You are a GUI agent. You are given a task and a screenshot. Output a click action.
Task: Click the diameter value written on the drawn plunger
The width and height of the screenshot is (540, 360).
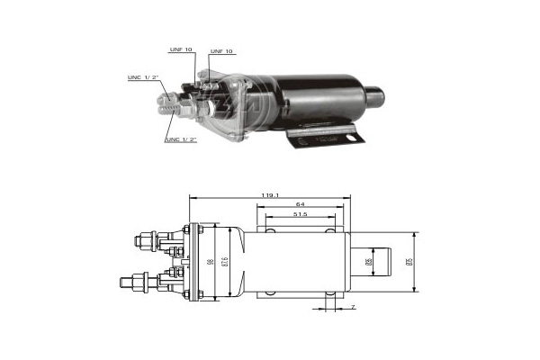369,262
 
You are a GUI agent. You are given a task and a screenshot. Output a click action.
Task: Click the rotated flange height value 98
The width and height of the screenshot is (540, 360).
210,261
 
